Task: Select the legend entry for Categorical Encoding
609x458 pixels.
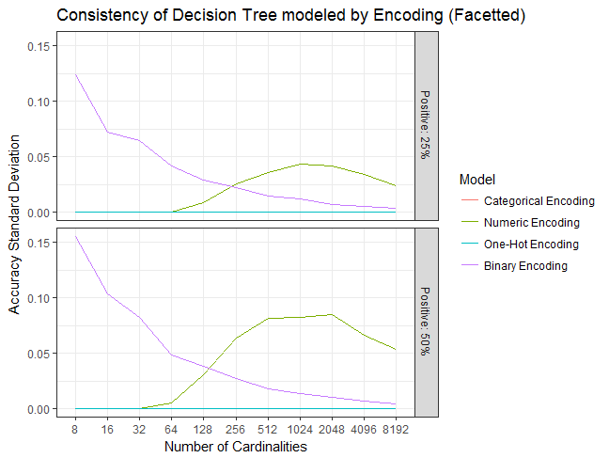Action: pyautogui.click(x=539, y=201)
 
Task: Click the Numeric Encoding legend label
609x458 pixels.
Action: pyautogui.click(x=531, y=223)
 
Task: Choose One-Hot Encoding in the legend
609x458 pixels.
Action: pyautogui.click(x=530, y=245)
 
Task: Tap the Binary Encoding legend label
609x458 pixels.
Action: pyautogui.click(x=525, y=266)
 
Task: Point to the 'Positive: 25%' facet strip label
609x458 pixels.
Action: pyautogui.click(x=426, y=125)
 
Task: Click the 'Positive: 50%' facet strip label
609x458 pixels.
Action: pyautogui.click(x=426, y=321)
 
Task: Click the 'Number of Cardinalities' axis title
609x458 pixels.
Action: pyautogui.click(x=235, y=446)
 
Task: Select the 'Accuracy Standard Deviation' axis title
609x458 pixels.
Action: pyautogui.click(x=14, y=226)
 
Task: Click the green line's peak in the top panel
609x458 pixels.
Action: pyautogui.click(x=301, y=164)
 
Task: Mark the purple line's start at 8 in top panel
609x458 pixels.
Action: pyautogui.click(x=74, y=74)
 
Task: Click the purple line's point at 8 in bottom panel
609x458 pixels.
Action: pyautogui.click(x=74, y=236)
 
